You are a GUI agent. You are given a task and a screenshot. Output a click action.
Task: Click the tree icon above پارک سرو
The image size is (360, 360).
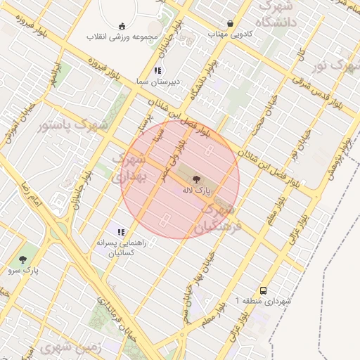[25, 259]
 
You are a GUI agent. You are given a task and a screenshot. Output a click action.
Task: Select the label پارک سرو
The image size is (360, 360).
[25, 269]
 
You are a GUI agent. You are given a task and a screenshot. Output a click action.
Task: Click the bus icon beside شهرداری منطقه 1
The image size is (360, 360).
[263, 290]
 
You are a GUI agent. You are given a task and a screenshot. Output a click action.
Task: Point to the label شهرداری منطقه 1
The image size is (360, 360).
[263, 301]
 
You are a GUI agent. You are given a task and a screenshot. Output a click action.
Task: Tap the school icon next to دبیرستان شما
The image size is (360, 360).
[157, 70]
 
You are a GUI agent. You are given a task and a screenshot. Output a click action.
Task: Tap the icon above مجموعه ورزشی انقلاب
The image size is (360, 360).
[122, 25]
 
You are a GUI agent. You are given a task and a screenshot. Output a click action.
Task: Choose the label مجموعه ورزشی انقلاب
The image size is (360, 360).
[122, 35]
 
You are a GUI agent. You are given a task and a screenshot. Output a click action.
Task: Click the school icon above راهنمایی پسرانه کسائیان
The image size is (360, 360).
[122, 232]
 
